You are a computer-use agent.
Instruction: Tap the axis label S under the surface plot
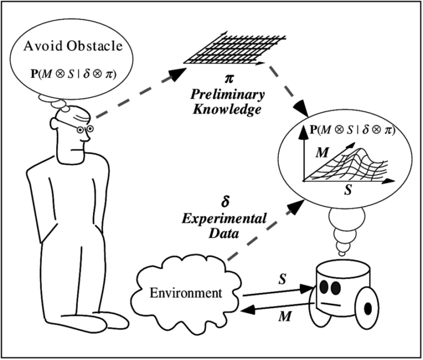348,191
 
